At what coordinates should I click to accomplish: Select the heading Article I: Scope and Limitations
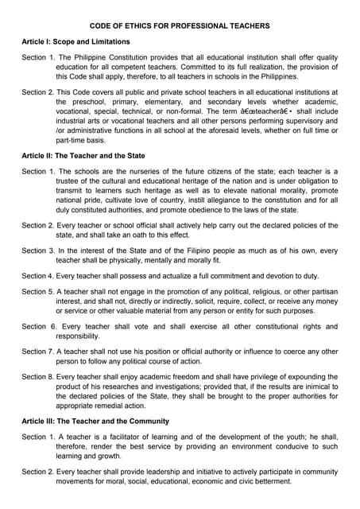(x=75, y=41)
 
